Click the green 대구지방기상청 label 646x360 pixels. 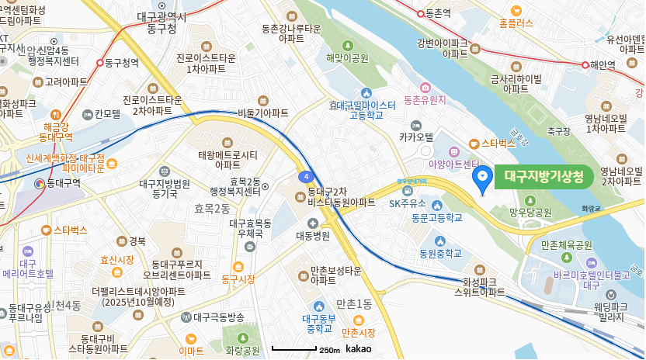pyautogui.click(x=544, y=176)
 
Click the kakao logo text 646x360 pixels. pyautogui.click(x=358, y=350)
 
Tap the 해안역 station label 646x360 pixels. pyautogui.click(x=603, y=65)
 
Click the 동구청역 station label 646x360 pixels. pyautogui.click(x=123, y=62)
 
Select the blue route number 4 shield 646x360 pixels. pyautogui.click(x=307, y=176)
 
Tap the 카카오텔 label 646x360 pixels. pyautogui.click(x=417, y=137)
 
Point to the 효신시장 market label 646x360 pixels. pyautogui.click(x=117, y=261)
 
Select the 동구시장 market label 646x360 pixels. pyautogui.click(x=238, y=279)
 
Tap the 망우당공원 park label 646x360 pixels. pyautogui.click(x=530, y=211)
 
